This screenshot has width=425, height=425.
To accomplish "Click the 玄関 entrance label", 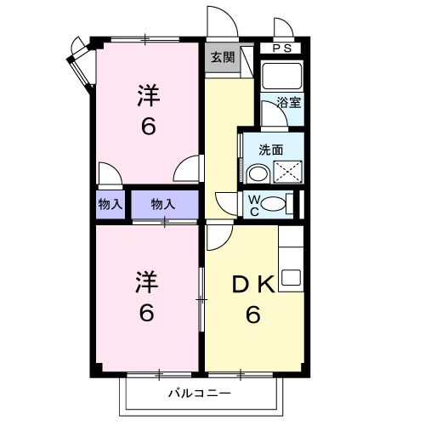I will click(222, 59).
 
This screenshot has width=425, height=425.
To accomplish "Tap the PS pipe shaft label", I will click(282, 48).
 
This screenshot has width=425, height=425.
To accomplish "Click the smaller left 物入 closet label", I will click(110, 204).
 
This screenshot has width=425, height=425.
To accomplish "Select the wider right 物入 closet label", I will click(163, 204).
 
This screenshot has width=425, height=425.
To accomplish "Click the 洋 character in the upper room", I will click(148, 95).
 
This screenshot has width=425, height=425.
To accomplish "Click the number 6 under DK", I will click(253, 315).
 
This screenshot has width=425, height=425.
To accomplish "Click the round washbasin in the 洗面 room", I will click(257, 173).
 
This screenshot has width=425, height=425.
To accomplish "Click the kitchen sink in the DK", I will click(292, 276).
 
